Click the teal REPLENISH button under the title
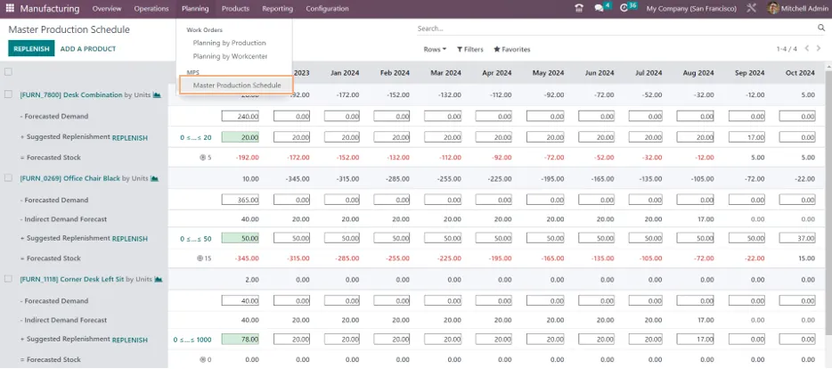(x=31, y=48)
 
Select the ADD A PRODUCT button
(x=88, y=49)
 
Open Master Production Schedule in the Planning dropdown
(x=237, y=85)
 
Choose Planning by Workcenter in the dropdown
(x=230, y=56)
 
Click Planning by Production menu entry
(x=229, y=43)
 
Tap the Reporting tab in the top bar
(x=278, y=9)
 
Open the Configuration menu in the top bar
(x=328, y=9)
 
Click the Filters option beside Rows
(x=470, y=49)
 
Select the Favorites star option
(x=512, y=49)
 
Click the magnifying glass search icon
(x=821, y=29)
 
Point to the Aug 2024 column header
(x=698, y=73)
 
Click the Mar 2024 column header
(x=445, y=73)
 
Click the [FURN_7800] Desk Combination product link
(x=71, y=95)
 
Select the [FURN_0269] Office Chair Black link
(x=70, y=178)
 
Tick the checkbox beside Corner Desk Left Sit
(x=8, y=279)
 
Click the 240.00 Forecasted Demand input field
(x=241, y=116)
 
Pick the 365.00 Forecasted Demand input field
(x=241, y=201)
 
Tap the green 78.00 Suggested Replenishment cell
(x=241, y=340)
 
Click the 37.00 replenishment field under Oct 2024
(x=797, y=238)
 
